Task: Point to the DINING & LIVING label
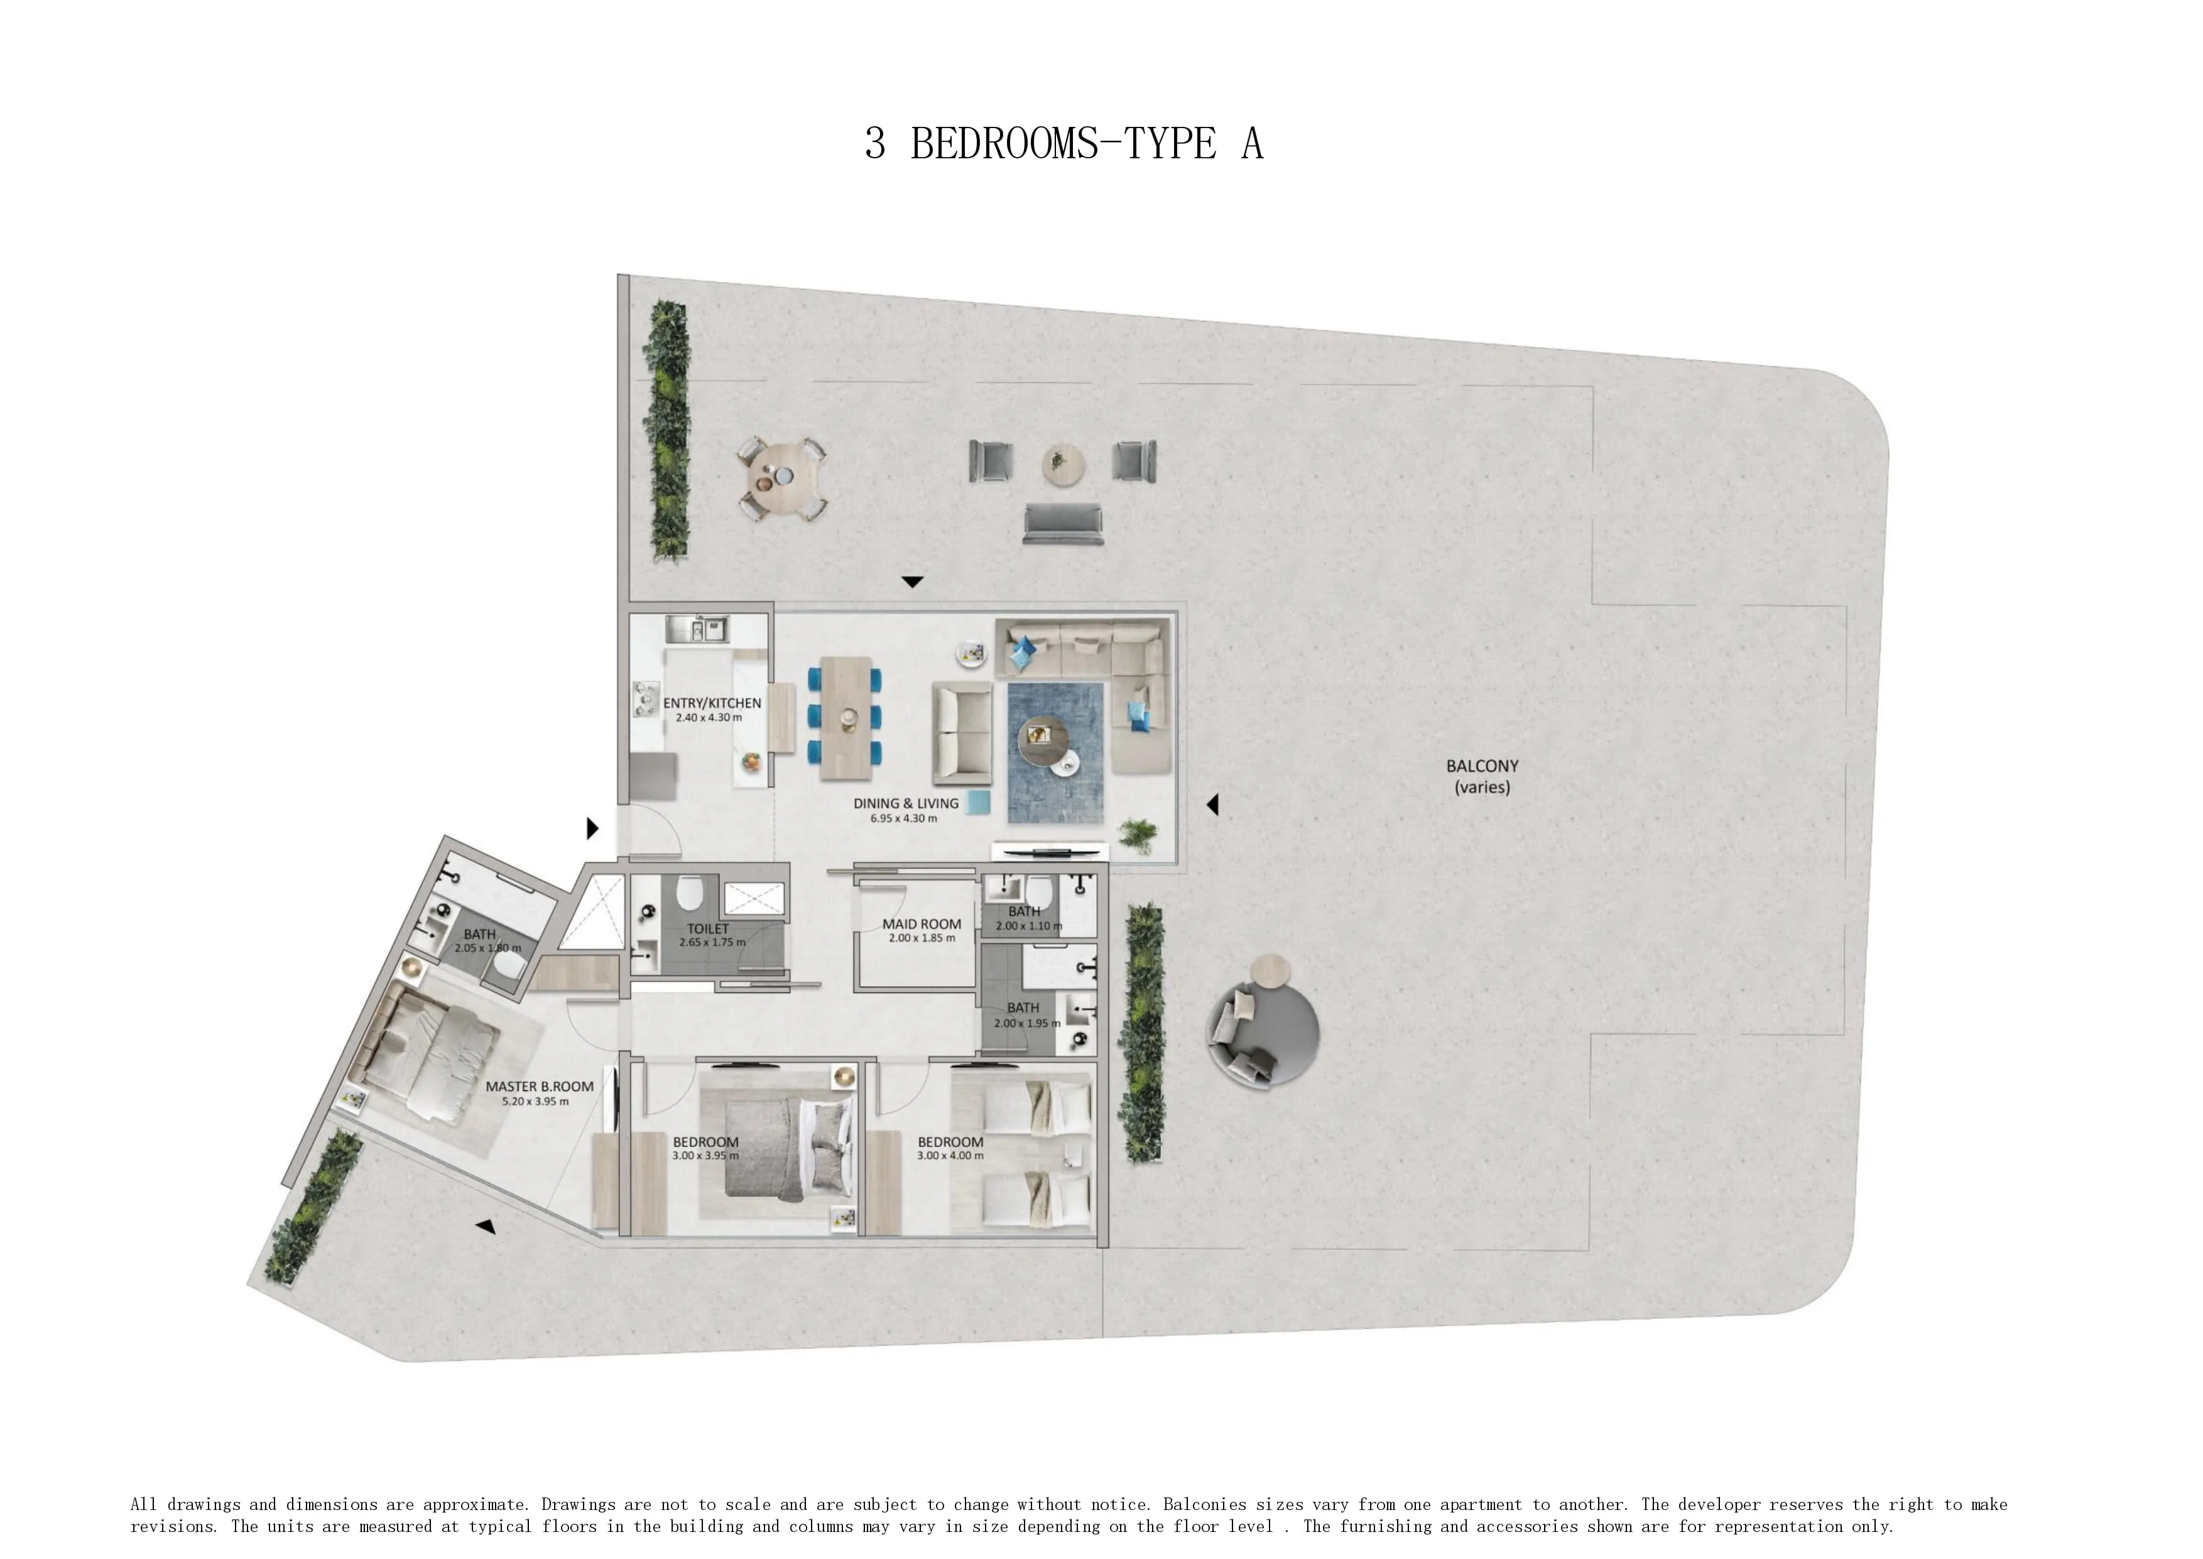905,803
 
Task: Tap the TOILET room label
707,928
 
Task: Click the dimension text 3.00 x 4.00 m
950,1156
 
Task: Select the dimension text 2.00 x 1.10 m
1028,926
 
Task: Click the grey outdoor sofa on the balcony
1063,524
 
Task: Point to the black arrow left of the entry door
592,827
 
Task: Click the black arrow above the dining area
912,582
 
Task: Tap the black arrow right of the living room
1214,805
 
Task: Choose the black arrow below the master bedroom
486,1226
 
